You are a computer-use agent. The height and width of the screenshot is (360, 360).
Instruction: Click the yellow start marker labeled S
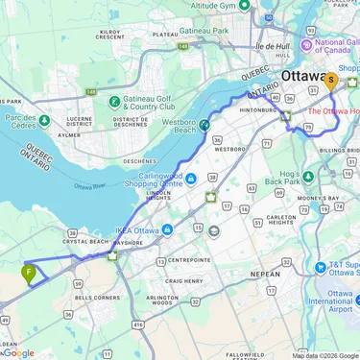tap(330, 81)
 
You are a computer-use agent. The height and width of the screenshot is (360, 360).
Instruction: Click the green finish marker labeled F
tap(30, 273)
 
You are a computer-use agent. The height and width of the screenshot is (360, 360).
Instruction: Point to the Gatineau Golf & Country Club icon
tap(114, 101)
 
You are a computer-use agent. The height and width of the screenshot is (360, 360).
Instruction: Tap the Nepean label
tap(264, 274)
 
